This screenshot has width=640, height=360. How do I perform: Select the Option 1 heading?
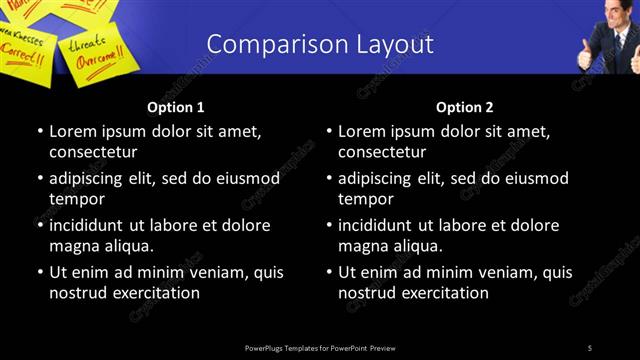[x=176, y=107]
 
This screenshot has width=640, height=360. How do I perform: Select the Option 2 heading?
[x=465, y=107]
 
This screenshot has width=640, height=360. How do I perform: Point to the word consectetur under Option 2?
[x=383, y=152]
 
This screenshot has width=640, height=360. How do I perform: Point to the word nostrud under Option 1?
[x=77, y=293]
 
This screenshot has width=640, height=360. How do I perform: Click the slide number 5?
[x=590, y=347]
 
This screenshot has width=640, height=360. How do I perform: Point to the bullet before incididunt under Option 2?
[x=330, y=226]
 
